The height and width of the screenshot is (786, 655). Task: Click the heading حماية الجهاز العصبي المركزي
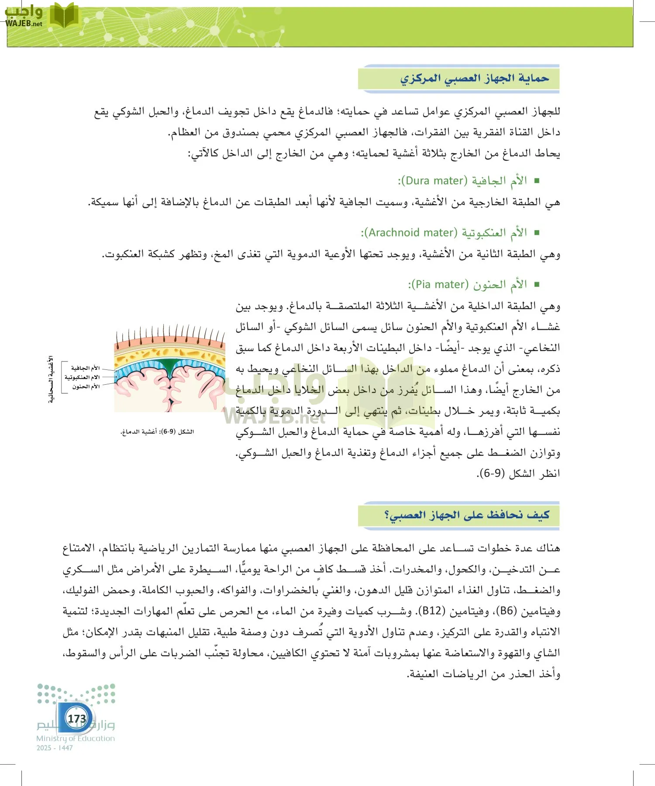475,79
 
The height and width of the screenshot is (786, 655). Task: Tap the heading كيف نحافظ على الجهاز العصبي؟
466,515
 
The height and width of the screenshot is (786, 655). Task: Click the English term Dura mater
434,181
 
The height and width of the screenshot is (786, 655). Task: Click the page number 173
77,718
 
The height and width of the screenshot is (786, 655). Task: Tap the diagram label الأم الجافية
85,368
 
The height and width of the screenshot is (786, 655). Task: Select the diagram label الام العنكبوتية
82,377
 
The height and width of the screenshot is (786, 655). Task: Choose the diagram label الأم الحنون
86,386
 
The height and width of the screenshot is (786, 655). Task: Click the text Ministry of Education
76,738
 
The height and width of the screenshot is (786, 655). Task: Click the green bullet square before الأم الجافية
537,181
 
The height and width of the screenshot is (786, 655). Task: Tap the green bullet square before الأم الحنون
537,285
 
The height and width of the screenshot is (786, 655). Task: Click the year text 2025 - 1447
55,748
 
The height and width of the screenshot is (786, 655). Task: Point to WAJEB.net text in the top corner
24,24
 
